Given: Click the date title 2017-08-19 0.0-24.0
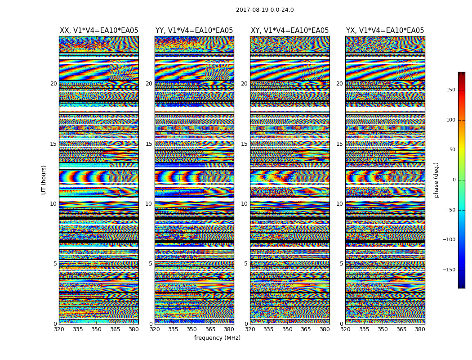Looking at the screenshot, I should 265,10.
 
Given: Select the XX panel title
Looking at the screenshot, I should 99,31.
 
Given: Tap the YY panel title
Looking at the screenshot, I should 194,31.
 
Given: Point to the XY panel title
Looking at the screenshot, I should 289,31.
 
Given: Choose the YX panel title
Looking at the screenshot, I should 385,31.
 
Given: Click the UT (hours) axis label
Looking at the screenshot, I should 44,180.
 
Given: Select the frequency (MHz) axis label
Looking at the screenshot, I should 217,338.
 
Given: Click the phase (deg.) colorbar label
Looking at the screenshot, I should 436,180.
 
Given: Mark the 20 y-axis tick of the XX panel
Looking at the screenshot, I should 53,84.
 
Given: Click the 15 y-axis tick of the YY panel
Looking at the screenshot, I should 149,144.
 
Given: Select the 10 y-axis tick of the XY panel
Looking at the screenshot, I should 244,204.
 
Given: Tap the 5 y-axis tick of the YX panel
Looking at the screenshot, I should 341,264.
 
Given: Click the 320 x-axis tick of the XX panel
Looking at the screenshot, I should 59,329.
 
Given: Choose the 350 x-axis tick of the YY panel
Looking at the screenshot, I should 192,329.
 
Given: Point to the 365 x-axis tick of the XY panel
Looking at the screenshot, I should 306,329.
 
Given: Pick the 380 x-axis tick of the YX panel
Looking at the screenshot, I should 419,329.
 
